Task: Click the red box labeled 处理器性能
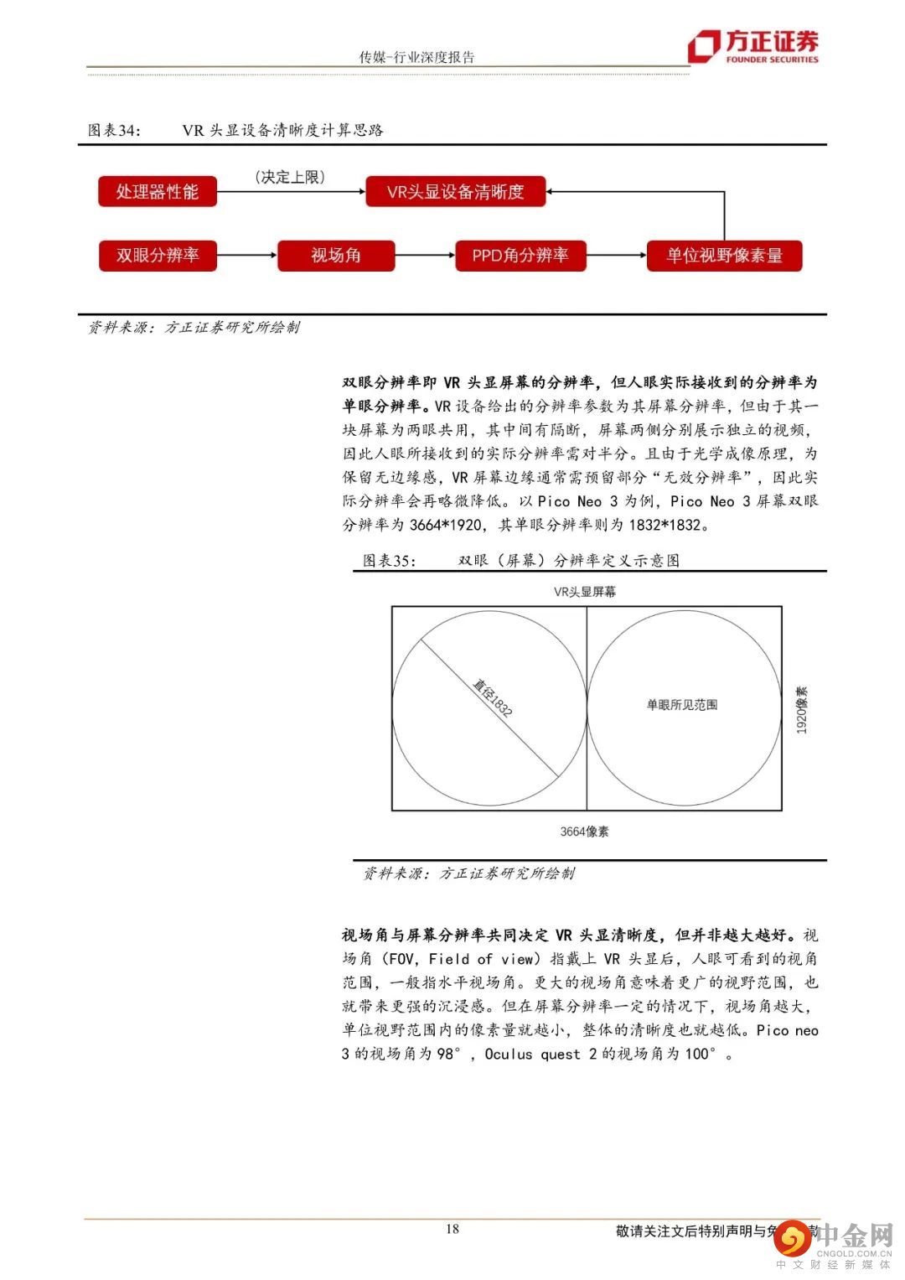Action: click(x=157, y=192)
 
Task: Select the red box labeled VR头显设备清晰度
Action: click(x=455, y=192)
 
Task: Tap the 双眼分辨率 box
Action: click(x=158, y=256)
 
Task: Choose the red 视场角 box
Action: click(x=335, y=256)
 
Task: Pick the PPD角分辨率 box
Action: click(x=520, y=256)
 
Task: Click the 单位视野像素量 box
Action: click(x=724, y=256)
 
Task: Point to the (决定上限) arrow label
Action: click(x=290, y=177)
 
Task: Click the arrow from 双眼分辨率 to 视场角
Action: click(x=247, y=255)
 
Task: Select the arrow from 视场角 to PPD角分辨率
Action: click(x=425, y=255)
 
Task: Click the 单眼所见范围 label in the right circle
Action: click(x=682, y=705)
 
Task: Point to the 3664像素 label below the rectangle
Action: click(x=585, y=832)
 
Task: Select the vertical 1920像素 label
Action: click(x=802, y=710)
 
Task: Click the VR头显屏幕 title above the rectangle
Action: click(x=585, y=592)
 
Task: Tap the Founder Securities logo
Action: click(x=753, y=46)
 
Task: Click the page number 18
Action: click(x=452, y=1229)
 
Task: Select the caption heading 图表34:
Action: click(x=115, y=131)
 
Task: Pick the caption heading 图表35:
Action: click(x=390, y=561)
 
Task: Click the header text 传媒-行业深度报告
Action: click(x=416, y=57)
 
